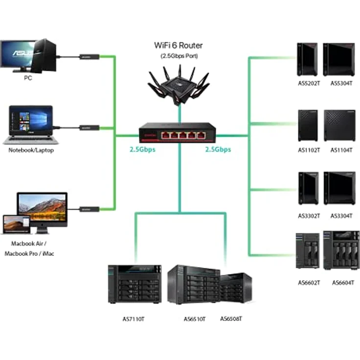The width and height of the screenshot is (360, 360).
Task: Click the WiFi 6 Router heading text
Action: [x=179, y=45]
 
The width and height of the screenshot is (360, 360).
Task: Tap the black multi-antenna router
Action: [x=179, y=84]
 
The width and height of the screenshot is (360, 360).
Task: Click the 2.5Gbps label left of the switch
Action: [x=142, y=150]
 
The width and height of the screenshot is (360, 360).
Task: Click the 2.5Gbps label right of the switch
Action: [x=218, y=150]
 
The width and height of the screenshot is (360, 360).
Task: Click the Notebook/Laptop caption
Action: [x=31, y=150]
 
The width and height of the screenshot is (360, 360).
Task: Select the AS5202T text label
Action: [x=309, y=83]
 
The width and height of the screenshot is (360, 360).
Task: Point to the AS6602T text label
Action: [x=309, y=283]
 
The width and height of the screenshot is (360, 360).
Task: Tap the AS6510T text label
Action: [x=194, y=319]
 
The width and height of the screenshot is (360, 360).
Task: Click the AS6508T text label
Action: [x=231, y=319]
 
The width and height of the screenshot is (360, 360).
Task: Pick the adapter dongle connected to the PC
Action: [x=90, y=57]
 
